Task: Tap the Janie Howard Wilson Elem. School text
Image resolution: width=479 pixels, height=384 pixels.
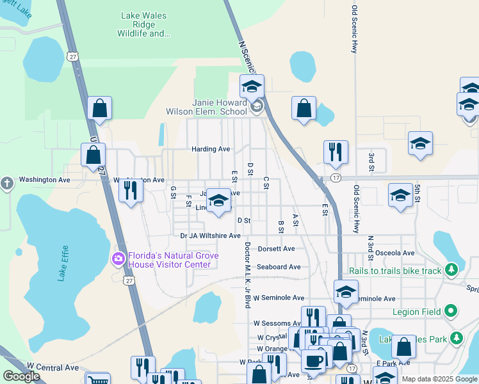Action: [x=220, y=107]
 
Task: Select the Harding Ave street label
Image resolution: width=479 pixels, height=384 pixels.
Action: [x=211, y=149]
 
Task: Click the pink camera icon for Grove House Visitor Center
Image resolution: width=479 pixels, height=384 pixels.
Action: [x=118, y=259]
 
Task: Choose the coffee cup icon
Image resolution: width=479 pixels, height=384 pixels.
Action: [x=314, y=360]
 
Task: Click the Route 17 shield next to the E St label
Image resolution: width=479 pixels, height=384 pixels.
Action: [x=335, y=177]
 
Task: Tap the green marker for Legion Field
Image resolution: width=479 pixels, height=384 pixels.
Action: [x=451, y=312]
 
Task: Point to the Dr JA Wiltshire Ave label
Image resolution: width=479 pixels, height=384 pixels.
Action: [x=210, y=236]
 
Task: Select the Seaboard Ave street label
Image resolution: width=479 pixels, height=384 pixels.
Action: [x=279, y=267]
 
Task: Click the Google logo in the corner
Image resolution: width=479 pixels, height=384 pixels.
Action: [x=21, y=376]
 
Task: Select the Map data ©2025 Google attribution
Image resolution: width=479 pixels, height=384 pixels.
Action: [x=438, y=379]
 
